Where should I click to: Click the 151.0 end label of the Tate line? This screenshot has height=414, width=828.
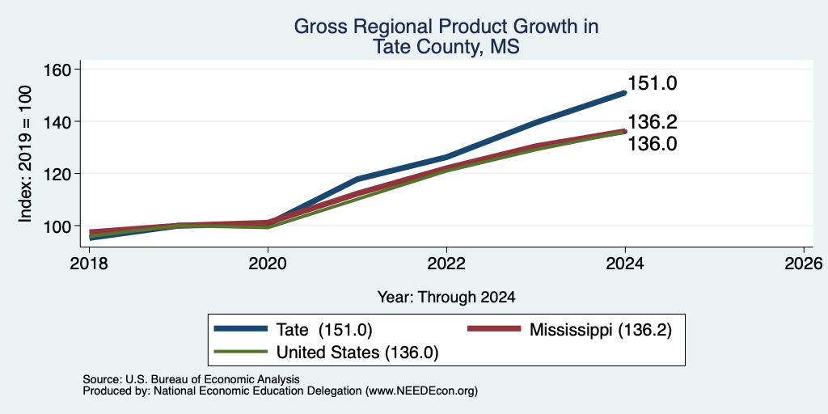(653, 83)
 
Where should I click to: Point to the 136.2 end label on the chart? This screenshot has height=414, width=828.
(653, 123)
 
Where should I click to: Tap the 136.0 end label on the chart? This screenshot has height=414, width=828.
(653, 144)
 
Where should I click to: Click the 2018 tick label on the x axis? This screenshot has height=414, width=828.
(89, 264)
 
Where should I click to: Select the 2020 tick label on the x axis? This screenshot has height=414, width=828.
(268, 264)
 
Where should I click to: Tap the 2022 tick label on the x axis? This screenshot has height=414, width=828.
(446, 264)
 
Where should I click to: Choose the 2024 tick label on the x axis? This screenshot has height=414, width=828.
(625, 264)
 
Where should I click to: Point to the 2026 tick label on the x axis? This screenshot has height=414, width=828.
(804, 264)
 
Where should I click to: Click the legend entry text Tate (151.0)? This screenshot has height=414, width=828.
(324, 330)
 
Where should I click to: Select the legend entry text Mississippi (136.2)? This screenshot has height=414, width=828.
(601, 330)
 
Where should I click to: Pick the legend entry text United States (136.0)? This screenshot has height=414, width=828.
(357, 353)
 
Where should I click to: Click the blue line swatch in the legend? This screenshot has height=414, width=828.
(241, 329)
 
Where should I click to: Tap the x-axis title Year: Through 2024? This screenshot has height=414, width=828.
(446, 298)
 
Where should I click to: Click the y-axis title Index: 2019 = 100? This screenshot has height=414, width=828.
(25, 154)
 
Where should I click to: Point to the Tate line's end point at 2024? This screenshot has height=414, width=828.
(625, 93)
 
